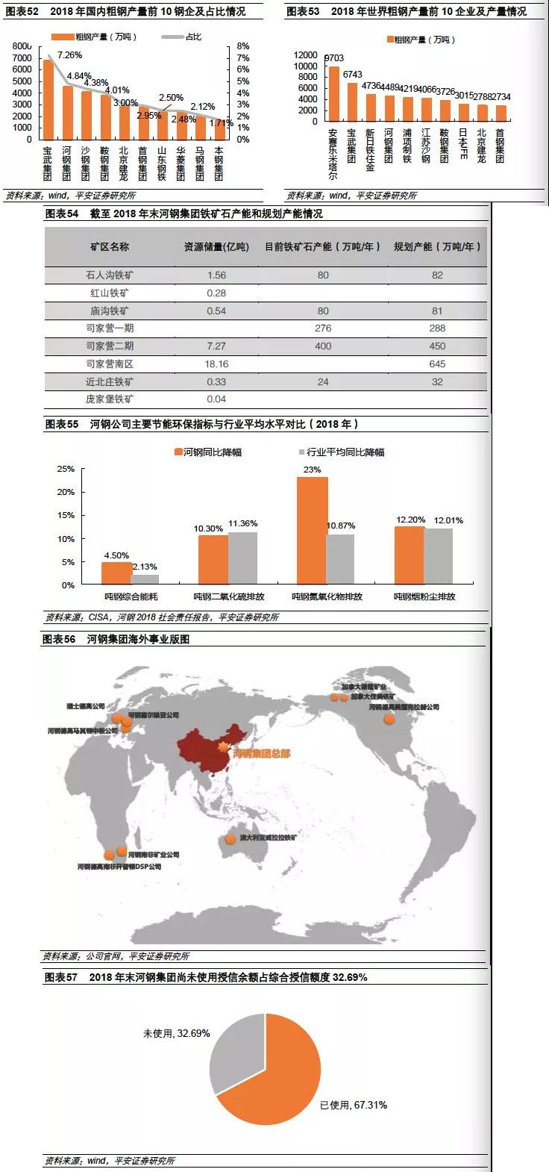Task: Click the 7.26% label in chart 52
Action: coord(69,55)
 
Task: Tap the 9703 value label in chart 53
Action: coord(334,58)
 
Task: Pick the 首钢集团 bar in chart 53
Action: coord(501,113)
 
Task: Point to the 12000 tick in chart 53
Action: coord(306,55)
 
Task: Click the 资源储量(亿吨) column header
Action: coord(216,246)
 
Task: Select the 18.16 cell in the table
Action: coord(216,364)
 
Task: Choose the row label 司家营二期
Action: coord(110,346)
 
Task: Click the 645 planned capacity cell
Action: coord(437,364)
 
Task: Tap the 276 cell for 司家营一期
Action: coord(323,328)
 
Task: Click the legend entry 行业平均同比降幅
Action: coord(342,452)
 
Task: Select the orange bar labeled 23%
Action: coord(312,530)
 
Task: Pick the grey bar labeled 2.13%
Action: coord(145,579)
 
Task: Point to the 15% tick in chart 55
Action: coord(66,516)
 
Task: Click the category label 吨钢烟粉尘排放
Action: coord(424,597)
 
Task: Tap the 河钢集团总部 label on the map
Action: coord(262,753)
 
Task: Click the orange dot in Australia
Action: coord(231,840)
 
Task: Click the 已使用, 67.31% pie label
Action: coord(354,1105)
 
